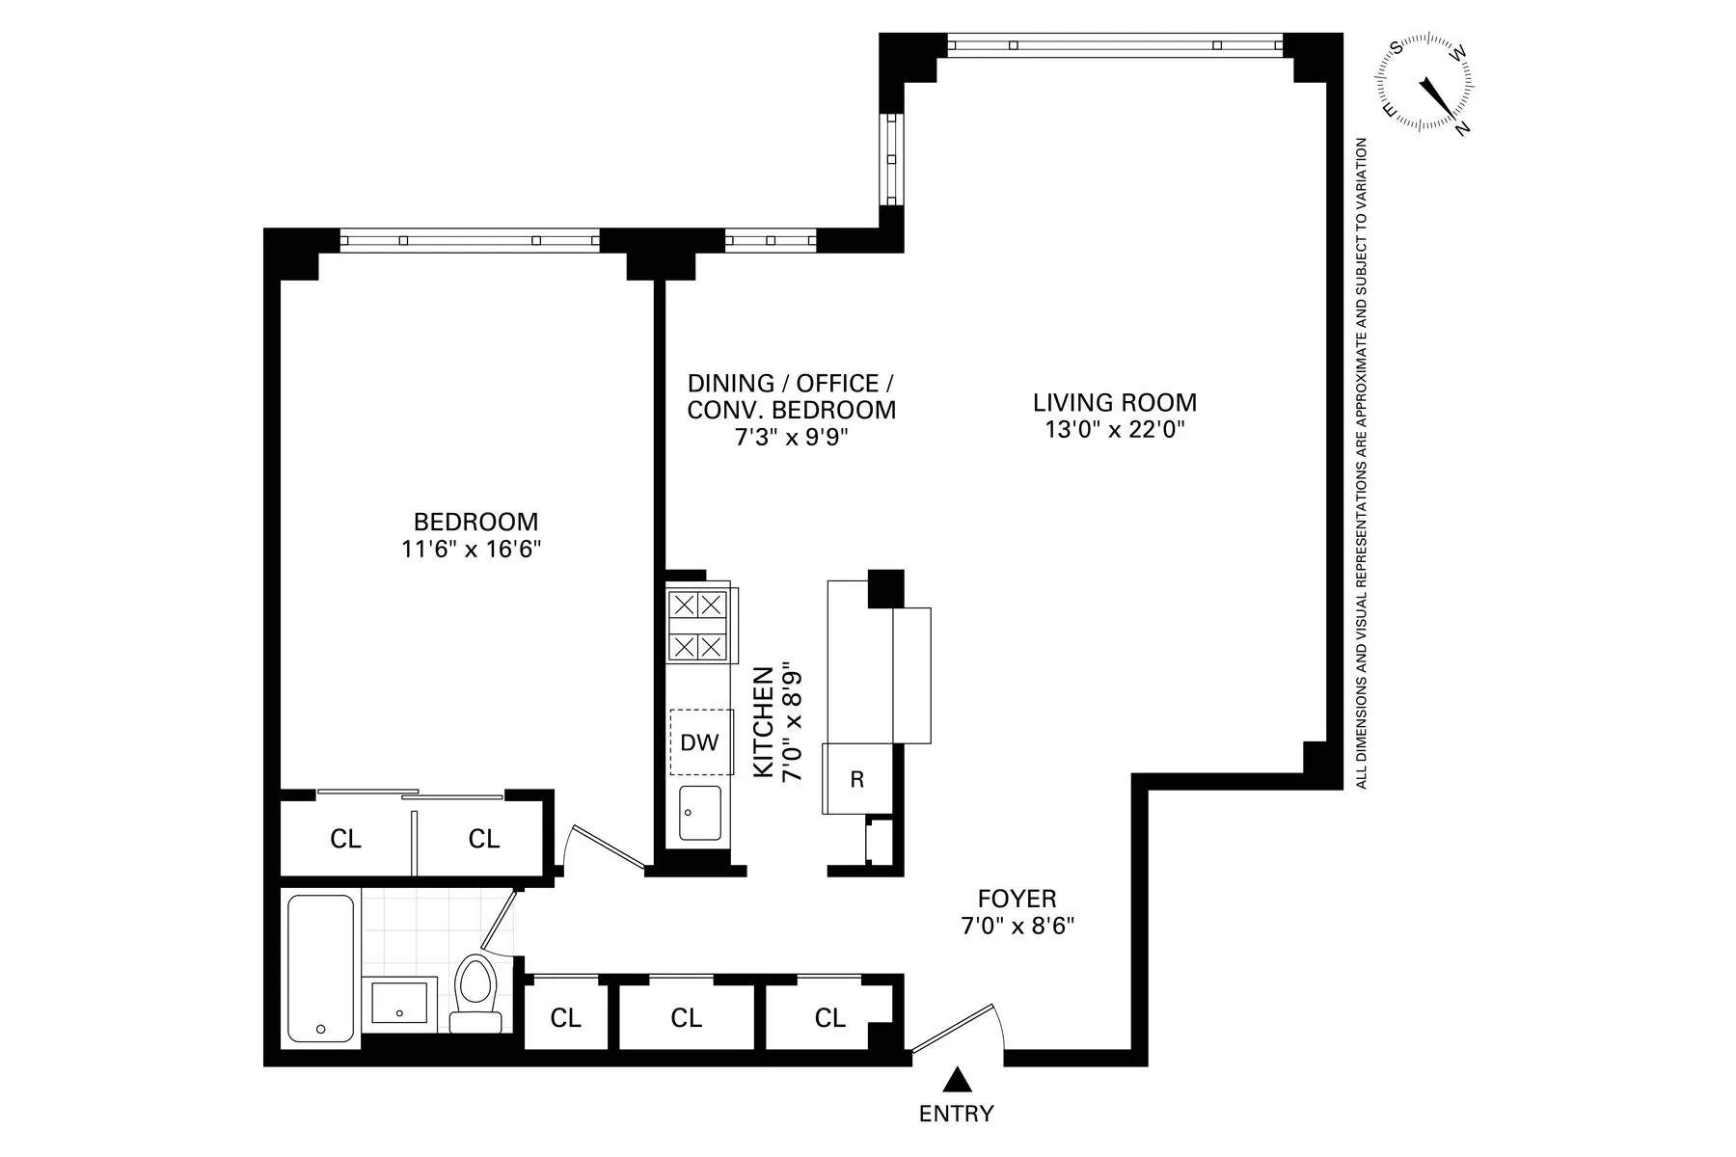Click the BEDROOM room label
475,522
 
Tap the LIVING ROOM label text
1114,402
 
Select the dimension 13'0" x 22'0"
1114,430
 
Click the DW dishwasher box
700,741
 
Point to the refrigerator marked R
855,779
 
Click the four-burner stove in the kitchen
697,625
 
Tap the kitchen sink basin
699,813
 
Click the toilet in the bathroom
475,993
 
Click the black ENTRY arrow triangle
956,1079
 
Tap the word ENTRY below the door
956,1115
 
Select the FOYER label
1017,899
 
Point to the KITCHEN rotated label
762,721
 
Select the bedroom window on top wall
470,240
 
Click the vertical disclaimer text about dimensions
1362,463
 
